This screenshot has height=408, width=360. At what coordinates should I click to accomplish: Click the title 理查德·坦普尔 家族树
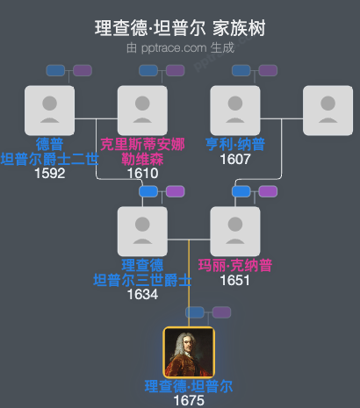click(180, 28)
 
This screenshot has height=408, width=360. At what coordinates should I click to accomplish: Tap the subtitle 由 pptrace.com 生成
click(180, 47)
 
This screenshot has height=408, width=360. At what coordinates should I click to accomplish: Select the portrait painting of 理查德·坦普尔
click(189, 352)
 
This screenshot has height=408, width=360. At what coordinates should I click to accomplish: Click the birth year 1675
click(189, 400)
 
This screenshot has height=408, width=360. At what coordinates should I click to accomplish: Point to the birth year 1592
click(50, 173)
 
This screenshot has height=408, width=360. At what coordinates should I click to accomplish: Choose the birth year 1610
click(142, 173)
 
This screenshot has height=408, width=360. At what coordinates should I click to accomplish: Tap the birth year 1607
click(235, 159)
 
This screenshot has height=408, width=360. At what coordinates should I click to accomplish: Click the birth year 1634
click(142, 294)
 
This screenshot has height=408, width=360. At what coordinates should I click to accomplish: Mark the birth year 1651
click(235, 280)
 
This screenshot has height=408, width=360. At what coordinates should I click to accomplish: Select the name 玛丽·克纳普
click(235, 266)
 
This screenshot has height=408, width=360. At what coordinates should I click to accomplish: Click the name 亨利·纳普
click(235, 145)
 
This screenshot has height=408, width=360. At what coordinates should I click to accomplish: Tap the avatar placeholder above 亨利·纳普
click(235, 111)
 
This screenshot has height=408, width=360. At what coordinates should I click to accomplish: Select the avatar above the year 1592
click(50, 111)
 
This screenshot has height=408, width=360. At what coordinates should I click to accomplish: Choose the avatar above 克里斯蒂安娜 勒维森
click(142, 111)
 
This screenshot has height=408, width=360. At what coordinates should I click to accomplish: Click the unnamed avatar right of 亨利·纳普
click(328, 111)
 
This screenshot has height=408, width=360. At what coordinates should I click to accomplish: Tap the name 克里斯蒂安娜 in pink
click(142, 145)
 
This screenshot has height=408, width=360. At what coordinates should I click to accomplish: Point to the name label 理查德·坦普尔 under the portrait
click(189, 386)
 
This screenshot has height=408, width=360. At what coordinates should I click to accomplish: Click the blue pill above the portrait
click(196, 311)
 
